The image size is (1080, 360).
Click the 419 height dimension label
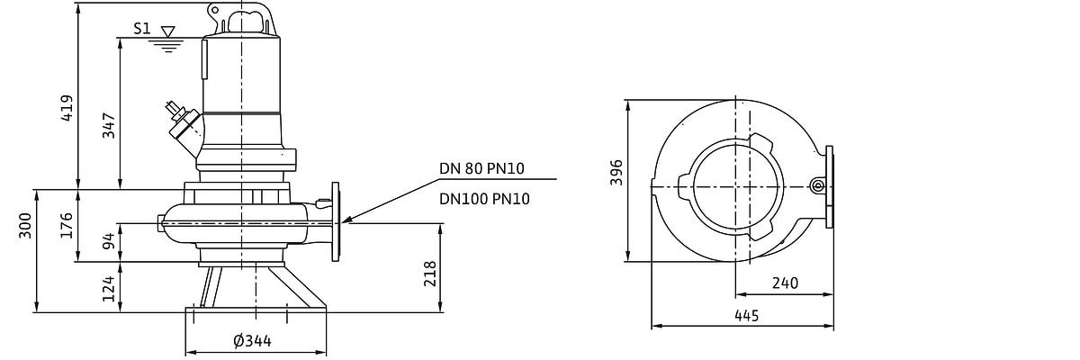pos(67,108)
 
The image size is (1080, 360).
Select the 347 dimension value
pos(109,125)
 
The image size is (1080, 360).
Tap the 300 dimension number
pos(25,225)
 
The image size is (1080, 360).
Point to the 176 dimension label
pos(67,225)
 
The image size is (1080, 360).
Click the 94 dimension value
pos(109,241)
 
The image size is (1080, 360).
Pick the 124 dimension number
pos(109,288)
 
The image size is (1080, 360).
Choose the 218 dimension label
pos(429,274)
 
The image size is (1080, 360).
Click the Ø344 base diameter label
pos(253,341)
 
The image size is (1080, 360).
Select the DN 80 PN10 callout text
pos(481,168)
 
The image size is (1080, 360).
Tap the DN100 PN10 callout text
pos(484,199)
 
